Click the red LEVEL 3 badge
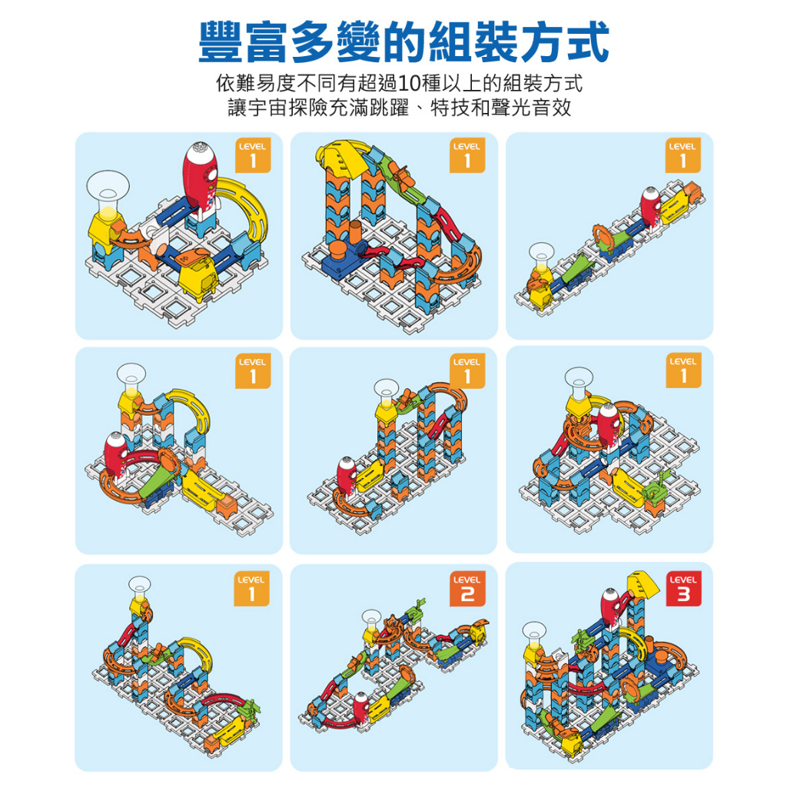tap(683, 588)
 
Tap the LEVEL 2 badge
tap(467, 588)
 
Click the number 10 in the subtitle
tap(409, 83)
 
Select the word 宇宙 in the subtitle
tap(268, 108)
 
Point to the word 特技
tap(450, 108)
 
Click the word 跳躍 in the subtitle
tap(390, 108)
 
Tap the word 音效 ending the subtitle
tap(552, 108)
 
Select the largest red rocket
tap(201, 176)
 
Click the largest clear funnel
tap(108, 191)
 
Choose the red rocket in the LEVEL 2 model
tap(361, 708)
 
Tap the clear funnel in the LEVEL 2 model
tap(372, 620)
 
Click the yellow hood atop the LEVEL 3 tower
tap(644, 584)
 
